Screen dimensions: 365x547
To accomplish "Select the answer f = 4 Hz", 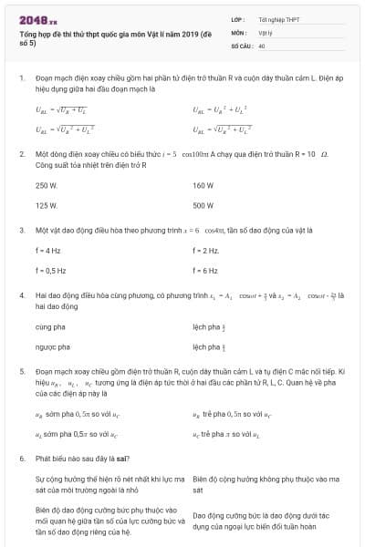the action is pos(48,250).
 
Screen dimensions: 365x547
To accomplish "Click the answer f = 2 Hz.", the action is pos(206,250).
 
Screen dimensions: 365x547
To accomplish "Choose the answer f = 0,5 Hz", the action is pos(51,270).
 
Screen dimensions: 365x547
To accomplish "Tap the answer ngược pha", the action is pos(52,346).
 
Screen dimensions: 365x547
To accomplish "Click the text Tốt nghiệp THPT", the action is pos(277,17).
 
